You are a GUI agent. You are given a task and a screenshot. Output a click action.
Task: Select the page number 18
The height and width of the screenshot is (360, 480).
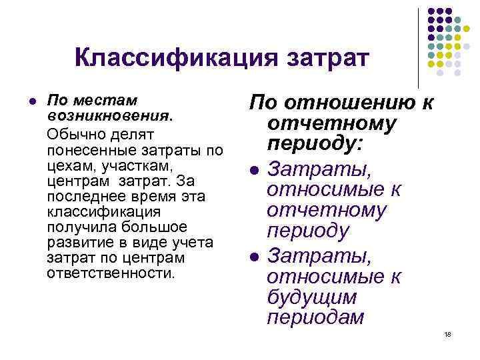pos(447,335)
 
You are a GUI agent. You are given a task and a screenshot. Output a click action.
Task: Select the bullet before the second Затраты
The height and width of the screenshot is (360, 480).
pos(254,255)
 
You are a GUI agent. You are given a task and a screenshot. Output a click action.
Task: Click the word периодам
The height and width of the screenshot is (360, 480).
pos(315,318)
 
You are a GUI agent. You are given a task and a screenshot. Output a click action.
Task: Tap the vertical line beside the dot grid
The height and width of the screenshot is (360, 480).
pos(419,47)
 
